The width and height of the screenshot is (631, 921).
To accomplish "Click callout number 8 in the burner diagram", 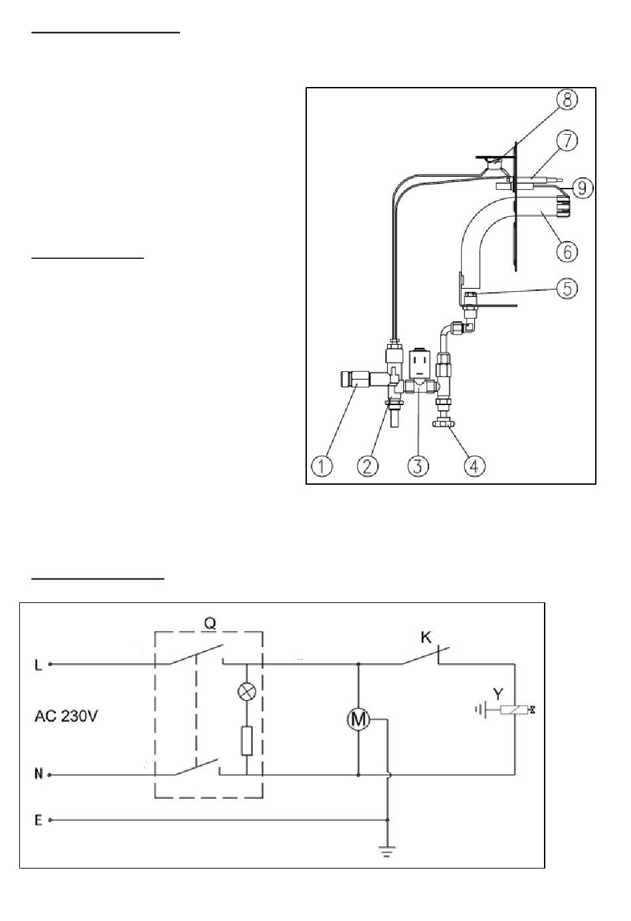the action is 567,100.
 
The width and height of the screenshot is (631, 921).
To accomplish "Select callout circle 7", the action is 567,141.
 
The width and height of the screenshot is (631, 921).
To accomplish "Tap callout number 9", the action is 582,188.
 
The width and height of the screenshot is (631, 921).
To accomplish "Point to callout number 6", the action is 567,252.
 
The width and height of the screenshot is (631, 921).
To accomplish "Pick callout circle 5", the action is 567,289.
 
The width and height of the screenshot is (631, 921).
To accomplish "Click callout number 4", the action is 475,466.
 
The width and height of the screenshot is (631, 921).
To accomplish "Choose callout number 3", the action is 418,466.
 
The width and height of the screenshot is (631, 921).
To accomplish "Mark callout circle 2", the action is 368,466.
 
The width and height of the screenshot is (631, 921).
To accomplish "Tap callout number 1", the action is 322,466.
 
